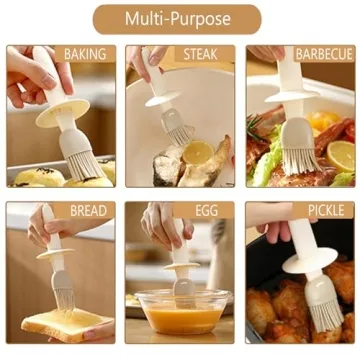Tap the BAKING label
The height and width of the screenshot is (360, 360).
pyautogui.click(x=84, y=54)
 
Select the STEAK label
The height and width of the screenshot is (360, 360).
pyautogui.click(x=203, y=54)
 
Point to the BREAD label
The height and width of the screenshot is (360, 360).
pyautogui.click(x=88, y=211)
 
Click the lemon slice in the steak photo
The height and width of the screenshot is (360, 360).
pyautogui.click(x=197, y=153)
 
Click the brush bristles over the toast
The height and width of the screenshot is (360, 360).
pyautogui.click(x=58, y=291)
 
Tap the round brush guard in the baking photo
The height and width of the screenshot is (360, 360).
pyautogui.click(x=61, y=117)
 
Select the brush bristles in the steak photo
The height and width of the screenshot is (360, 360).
pyautogui.click(x=177, y=130)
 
